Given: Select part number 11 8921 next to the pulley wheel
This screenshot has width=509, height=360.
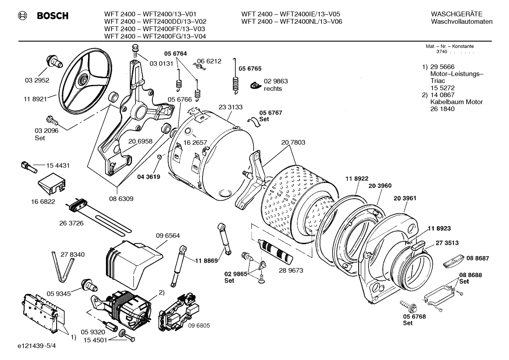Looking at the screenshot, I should (x=35, y=99).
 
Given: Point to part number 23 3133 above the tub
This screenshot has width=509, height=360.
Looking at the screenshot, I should (x=230, y=107).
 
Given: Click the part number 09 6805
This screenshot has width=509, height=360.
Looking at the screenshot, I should (x=199, y=325).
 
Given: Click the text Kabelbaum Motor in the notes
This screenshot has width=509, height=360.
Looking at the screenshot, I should (x=456, y=102).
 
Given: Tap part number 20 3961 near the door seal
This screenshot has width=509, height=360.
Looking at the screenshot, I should (x=405, y=198).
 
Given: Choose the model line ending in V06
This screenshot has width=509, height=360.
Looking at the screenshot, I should (x=292, y=22).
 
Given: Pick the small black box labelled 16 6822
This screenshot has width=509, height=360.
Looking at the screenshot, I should (x=52, y=185).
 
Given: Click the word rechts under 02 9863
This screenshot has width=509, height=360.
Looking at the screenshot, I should (x=273, y=89).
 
